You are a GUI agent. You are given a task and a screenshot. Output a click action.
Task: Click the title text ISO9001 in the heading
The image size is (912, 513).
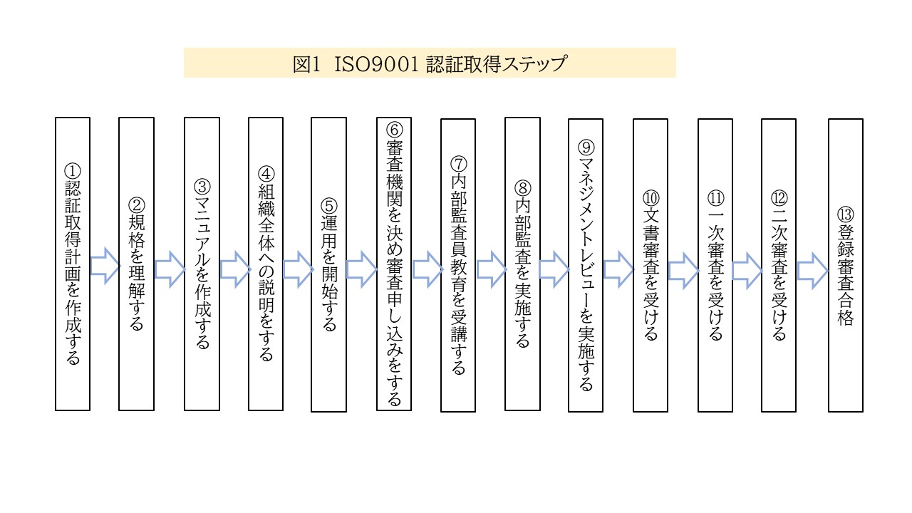[376, 64]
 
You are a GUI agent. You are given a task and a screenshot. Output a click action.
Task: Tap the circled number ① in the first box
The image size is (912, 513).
[73, 171]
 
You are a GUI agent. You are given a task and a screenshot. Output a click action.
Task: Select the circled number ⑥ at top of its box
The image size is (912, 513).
[394, 130]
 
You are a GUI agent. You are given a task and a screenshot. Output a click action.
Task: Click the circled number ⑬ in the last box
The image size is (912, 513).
[845, 214]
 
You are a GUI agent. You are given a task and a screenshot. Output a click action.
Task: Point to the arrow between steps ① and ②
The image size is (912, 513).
[105, 266]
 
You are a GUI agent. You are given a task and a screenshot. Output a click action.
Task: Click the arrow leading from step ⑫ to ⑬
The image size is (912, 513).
[813, 271]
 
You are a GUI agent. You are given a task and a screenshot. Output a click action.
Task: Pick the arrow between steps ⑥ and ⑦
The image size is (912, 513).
[428, 269]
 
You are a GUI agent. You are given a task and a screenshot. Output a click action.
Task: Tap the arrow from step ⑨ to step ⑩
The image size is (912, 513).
[618, 269]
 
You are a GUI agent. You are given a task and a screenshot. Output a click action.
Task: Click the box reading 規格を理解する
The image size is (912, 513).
[136, 264]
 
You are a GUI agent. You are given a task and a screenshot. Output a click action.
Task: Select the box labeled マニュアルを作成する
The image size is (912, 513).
[202, 264]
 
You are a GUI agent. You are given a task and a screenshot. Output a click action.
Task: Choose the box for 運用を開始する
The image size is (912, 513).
[328, 264]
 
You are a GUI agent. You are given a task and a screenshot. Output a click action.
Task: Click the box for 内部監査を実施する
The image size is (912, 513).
[522, 264]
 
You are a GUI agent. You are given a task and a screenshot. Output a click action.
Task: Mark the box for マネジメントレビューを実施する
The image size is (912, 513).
[586, 266]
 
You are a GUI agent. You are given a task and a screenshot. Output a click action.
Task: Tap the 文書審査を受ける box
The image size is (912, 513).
[651, 266]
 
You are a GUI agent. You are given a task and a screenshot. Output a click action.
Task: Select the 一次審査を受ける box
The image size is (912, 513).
[715, 266]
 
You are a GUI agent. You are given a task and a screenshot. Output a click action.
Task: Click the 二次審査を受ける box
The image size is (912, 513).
[779, 266]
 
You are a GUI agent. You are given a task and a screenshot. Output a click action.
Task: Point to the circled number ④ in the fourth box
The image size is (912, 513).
[266, 174]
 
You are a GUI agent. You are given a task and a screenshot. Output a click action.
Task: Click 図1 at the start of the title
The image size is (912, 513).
[307, 64]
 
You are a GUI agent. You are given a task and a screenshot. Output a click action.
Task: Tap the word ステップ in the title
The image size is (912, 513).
[534, 64]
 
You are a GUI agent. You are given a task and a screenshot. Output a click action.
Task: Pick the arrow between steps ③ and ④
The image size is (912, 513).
[235, 269]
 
